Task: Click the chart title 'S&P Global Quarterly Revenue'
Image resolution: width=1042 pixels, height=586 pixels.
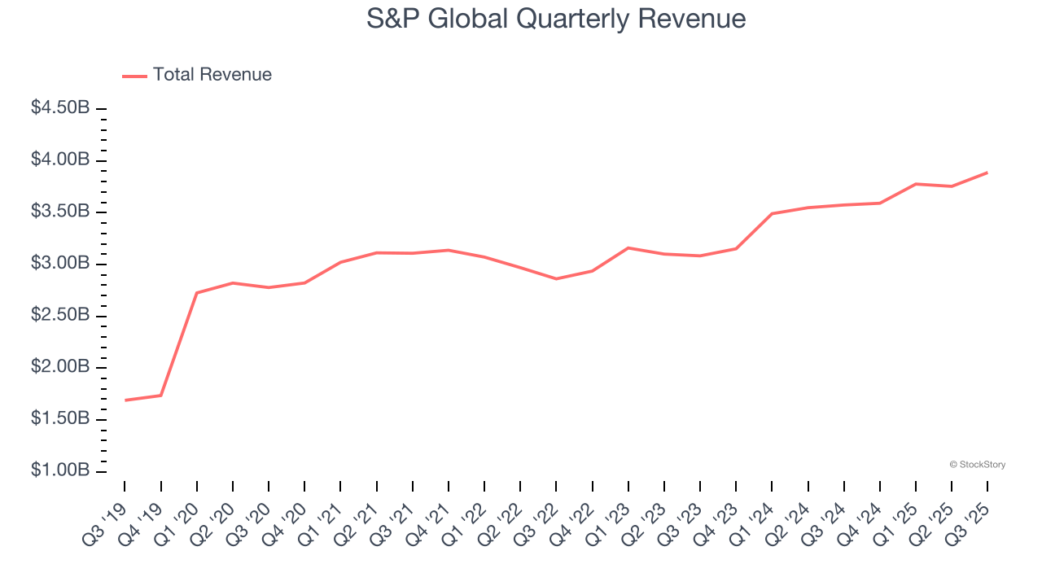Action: pyautogui.click(x=556, y=19)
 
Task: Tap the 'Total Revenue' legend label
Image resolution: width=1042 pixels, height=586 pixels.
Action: pyautogui.click(x=212, y=75)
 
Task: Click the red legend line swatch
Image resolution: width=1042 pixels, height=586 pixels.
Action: pyautogui.click(x=134, y=76)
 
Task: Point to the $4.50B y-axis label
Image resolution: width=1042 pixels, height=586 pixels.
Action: pyautogui.click(x=60, y=107)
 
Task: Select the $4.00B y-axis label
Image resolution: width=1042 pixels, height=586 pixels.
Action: pyautogui.click(x=60, y=160)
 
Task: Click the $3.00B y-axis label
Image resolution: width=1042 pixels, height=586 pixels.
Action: pyautogui.click(x=60, y=264)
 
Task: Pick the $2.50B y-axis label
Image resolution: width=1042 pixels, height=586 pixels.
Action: pyautogui.click(x=60, y=315)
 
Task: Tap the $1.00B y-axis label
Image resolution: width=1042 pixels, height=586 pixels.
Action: pyautogui.click(x=60, y=470)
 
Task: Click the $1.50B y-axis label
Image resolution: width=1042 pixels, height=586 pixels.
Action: pyautogui.click(x=60, y=418)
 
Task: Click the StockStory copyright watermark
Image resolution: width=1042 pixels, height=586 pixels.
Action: pyautogui.click(x=977, y=465)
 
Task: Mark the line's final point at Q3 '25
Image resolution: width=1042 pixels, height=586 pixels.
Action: pyautogui.click(x=987, y=173)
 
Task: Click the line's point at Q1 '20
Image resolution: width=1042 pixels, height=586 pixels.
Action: pyautogui.click(x=197, y=292)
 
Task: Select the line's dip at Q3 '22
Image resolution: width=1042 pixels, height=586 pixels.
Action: pyautogui.click(x=556, y=279)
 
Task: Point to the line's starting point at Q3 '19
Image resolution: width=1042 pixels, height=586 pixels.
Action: pyautogui.click(x=125, y=400)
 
